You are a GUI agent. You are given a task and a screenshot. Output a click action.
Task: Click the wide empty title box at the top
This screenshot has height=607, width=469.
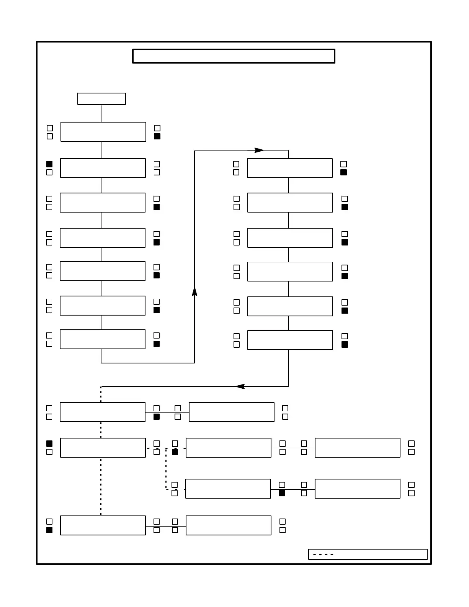234,56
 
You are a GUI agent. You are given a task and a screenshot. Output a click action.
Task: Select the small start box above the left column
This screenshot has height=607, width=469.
101,99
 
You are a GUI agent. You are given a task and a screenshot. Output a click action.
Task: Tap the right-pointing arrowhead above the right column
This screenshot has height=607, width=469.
259,150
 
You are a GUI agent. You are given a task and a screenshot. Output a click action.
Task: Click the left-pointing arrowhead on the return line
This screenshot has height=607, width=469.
240,386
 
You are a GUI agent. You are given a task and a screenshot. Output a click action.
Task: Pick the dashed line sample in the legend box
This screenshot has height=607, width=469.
323,554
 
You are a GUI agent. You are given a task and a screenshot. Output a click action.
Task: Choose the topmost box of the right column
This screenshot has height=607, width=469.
289,168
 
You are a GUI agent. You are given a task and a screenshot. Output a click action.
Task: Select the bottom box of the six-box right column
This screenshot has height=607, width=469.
290,340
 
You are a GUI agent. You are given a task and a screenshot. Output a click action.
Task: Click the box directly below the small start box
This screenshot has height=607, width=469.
103,132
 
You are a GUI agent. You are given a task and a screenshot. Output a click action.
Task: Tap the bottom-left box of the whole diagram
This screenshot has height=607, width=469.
103,525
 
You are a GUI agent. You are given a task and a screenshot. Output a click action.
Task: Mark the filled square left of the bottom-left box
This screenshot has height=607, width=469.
49,530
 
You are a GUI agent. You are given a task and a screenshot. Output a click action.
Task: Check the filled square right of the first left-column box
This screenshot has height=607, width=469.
157,136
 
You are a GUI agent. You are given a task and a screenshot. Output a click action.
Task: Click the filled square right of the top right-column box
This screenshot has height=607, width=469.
343,172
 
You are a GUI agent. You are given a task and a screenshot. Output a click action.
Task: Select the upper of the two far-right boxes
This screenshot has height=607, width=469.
357,448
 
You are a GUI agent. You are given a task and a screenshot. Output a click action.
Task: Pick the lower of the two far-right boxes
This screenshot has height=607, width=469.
357,489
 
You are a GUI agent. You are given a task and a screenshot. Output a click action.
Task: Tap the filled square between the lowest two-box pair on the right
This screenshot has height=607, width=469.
282,493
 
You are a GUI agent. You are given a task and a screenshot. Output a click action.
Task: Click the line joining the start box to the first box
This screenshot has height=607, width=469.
101,113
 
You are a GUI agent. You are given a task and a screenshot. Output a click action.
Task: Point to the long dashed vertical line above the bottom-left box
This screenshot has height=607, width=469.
101,486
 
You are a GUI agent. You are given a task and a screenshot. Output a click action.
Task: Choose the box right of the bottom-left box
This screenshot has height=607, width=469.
228,525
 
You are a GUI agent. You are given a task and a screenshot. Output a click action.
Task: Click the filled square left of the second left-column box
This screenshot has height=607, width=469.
49,164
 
